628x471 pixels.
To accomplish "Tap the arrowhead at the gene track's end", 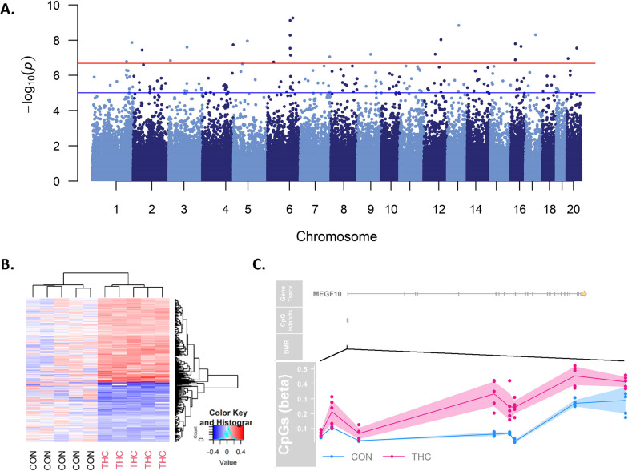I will pyautogui.click(x=584, y=294).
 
